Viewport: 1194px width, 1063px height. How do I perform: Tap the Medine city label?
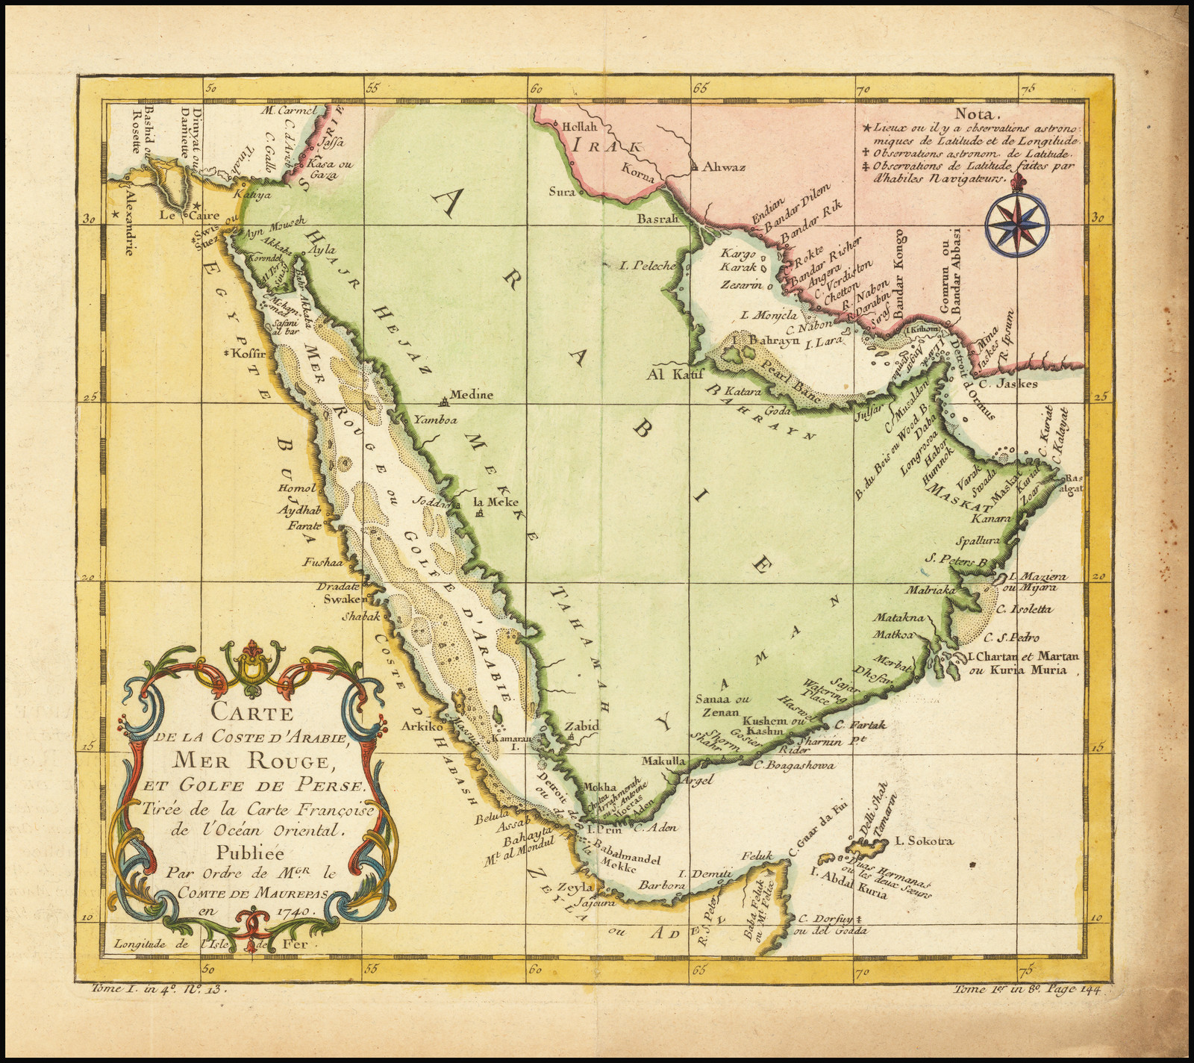point(469,396)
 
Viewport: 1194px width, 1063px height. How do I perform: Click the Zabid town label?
point(581,724)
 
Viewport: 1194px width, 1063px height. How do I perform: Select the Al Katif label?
point(675,372)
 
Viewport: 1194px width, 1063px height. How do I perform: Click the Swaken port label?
point(344,599)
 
